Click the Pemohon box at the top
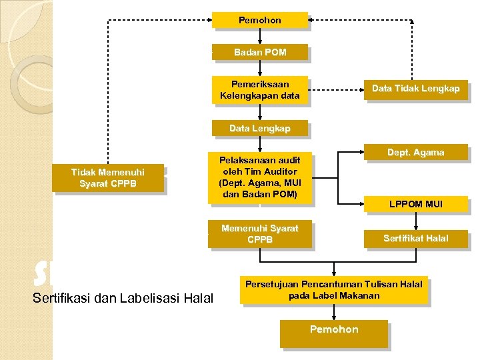pyautogui.click(x=260, y=21)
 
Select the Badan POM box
pyautogui.click(x=260, y=52)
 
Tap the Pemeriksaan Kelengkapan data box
pyautogui.click(x=260, y=90)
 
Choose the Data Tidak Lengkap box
pyautogui.click(x=415, y=89)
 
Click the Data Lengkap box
pyautogui.click(x=260, y=128)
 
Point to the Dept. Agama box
pyautogui.click(x=415, y=153)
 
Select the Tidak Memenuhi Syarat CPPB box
pyautogui.click(x=107, y=177)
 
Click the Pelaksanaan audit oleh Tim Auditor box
pyautogui.click(x=260, y=177)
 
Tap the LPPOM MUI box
pyautogui.click(x=415, y=204)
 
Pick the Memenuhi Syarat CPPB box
pyautogui.click(x=260, y=233)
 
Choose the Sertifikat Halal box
pyautogui.click(x=415, y=238)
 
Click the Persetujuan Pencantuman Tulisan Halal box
pyautogui.click(x=334, y=290)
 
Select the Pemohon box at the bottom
pyautogui.click(x=334, y=330)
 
